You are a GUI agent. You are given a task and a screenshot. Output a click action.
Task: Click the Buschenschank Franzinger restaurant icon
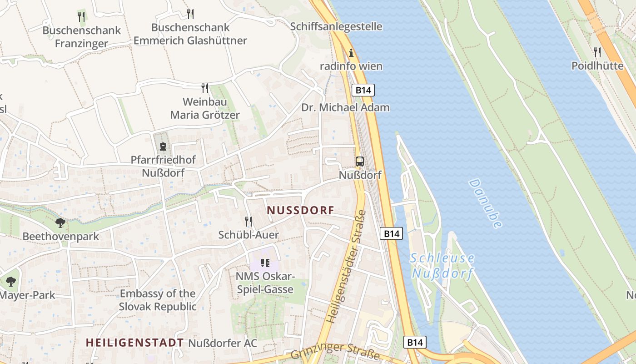(x=81, y=17)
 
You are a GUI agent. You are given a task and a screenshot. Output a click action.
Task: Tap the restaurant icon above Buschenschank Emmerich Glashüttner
(x=190, y=14)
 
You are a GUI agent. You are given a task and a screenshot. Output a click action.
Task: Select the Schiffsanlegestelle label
(x=336, y=26)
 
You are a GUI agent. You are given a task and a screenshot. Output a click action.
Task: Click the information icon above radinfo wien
(x=351, y=53)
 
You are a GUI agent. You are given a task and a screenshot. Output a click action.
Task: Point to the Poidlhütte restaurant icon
(x=597, y=52)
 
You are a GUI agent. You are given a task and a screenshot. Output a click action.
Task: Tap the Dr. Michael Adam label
(x=345, y=108)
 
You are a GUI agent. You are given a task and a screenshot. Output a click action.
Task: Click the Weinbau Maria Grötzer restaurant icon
(x=205, y=88)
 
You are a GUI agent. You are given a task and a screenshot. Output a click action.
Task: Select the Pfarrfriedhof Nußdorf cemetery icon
(x=163, y=147)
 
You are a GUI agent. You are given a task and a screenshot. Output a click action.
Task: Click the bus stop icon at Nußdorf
(x=359, y=161)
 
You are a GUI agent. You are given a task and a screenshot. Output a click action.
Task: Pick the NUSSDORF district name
(x=301, y=210)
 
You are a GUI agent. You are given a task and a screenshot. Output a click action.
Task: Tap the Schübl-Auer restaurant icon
(x=248, y=222)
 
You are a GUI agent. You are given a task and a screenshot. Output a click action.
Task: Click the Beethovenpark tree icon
(x=60, y=223)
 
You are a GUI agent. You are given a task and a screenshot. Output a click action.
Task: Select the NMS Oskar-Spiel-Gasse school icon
(x=265, y=263)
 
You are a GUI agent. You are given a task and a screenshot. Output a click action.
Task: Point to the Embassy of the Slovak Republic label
(x=158, y=300)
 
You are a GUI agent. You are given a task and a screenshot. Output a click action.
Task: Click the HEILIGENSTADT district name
(x=135, y=343)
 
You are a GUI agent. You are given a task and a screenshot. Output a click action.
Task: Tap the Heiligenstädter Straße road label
(x=347, y=267)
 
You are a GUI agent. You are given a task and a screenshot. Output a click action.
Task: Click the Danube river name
(x=486, y=203)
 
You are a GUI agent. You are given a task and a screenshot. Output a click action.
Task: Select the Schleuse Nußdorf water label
(x=442, y=266)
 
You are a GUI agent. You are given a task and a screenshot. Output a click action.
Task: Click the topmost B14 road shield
(x=363, y=90)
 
